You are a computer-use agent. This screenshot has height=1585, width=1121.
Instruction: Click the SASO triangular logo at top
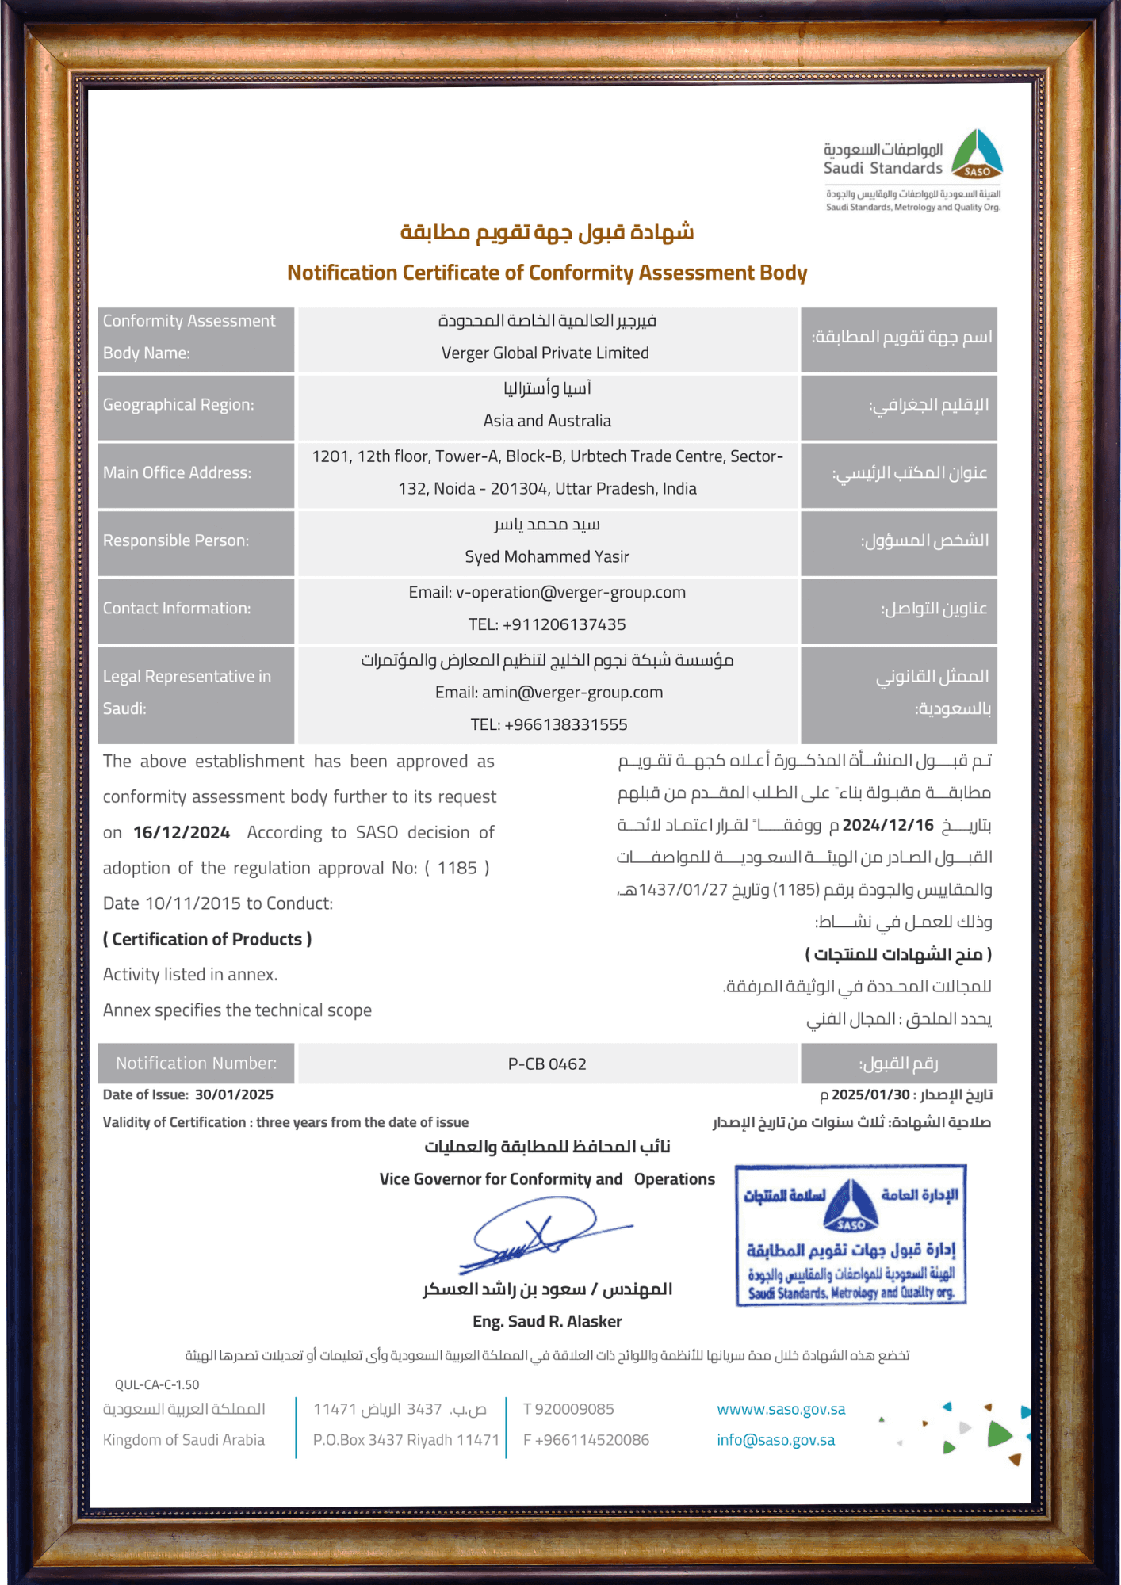tap(977, 155)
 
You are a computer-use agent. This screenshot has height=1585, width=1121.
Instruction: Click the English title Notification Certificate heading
tap(547, 273)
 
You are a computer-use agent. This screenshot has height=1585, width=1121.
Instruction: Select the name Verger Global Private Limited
tap(545, 353)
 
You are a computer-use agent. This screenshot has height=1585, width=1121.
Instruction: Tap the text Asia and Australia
tap(547, 421)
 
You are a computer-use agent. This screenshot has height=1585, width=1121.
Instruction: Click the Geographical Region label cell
tap(196, 405)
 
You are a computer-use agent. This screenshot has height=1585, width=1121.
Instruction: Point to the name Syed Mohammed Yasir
tap(547, 557)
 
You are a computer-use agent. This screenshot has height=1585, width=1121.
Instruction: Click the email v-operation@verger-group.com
tap(571, 593)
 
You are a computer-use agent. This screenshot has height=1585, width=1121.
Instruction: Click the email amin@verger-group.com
tap(572, 693)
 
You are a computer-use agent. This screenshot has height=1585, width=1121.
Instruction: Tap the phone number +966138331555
tap(565, 725)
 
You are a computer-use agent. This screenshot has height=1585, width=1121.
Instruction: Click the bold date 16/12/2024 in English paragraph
tap(182, 833)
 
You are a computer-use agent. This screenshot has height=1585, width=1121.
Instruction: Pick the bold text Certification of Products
tap(207, 940)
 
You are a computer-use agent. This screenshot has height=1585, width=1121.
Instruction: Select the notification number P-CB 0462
tap(547, 1064)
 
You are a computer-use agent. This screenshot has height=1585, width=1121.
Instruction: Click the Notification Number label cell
tap(196, 1064)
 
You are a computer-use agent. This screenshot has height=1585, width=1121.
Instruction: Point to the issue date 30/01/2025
tap(234, 1095)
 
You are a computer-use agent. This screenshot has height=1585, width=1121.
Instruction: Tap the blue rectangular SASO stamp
tap(851, 1235)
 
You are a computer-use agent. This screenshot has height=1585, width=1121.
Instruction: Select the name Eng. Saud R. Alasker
tap(547, 1322)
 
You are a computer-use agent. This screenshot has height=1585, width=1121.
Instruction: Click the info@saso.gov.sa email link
tap(775, 1441)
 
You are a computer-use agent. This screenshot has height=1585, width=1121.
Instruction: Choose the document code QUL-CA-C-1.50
tap(157, 1385)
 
